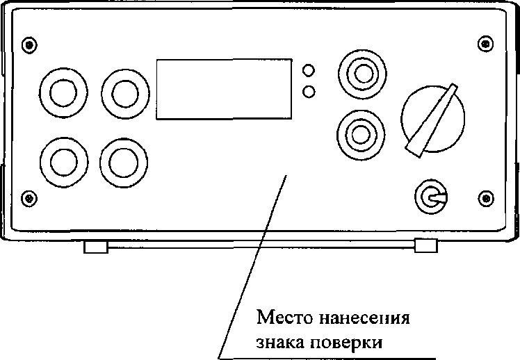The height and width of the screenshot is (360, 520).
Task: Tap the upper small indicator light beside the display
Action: pos(309,70)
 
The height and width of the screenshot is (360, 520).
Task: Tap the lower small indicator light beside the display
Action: pos(309,92)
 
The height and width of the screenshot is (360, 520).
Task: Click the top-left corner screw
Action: pos(29,44)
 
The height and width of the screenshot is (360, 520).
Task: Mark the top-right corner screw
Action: pos(485,44)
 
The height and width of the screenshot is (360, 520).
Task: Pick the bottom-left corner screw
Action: pos(29,198)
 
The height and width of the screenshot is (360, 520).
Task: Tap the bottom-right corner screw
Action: pos(486,199)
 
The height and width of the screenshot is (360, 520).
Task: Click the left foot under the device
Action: pos(96,247)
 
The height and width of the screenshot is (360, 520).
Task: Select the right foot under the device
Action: pos(426,245)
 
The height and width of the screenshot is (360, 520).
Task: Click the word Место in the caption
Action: pos(285,318)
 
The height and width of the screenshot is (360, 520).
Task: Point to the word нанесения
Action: pos(364,318)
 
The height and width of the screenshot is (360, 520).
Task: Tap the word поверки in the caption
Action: pos(346,343)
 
